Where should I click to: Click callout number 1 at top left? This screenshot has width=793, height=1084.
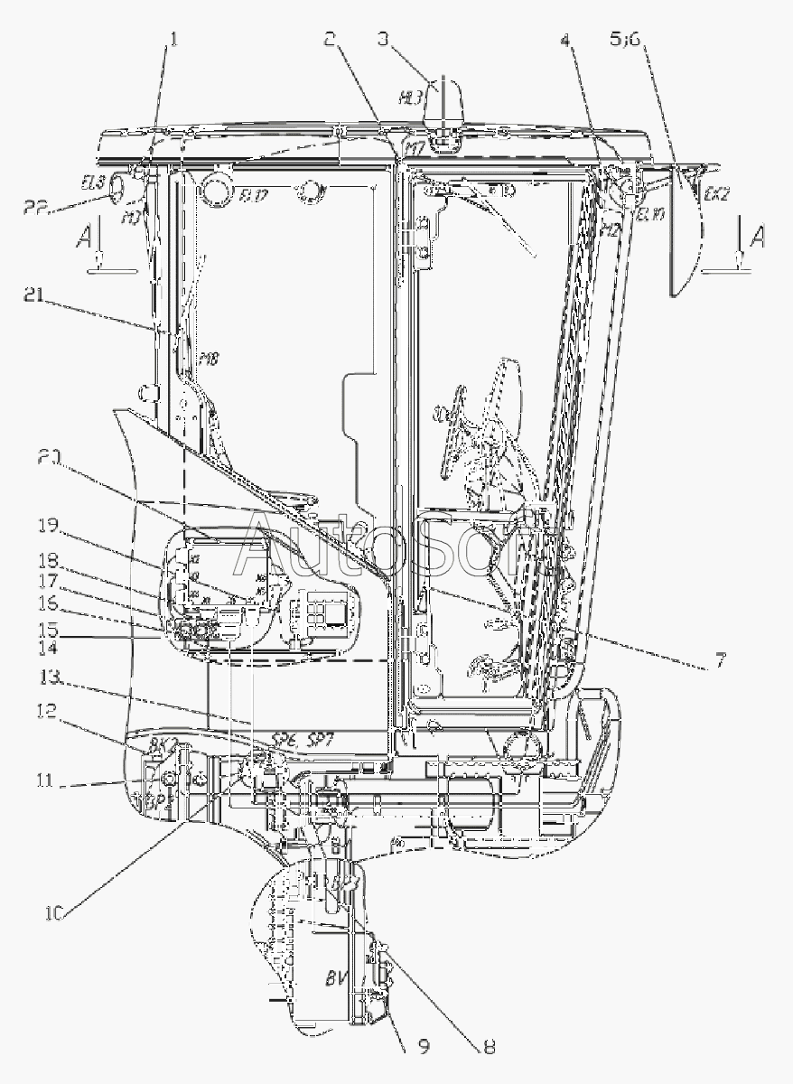tap(174, 40)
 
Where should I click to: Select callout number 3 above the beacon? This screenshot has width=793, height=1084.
tap(383, 39)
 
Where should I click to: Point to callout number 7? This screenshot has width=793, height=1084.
tap(720, 661)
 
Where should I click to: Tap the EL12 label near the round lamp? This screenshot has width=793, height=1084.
tap(253, 197)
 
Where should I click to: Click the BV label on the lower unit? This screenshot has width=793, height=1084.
tap(337, 977)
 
